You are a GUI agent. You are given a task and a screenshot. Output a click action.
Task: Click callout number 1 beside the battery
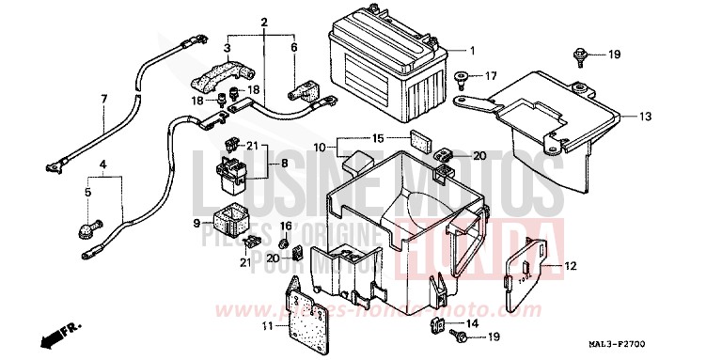tap(472, 51)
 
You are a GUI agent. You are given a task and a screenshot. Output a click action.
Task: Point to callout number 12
tap(570, 267)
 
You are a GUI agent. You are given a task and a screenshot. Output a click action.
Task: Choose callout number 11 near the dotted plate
tap(268, 326)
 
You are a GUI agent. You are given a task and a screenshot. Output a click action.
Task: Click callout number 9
tap(198, 223)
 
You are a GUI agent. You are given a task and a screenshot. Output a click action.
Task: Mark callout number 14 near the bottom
tap(471, 323)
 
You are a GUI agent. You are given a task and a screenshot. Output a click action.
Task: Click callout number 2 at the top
tap(264, 22)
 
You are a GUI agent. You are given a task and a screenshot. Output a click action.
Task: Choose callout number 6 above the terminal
tap(293, 47)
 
